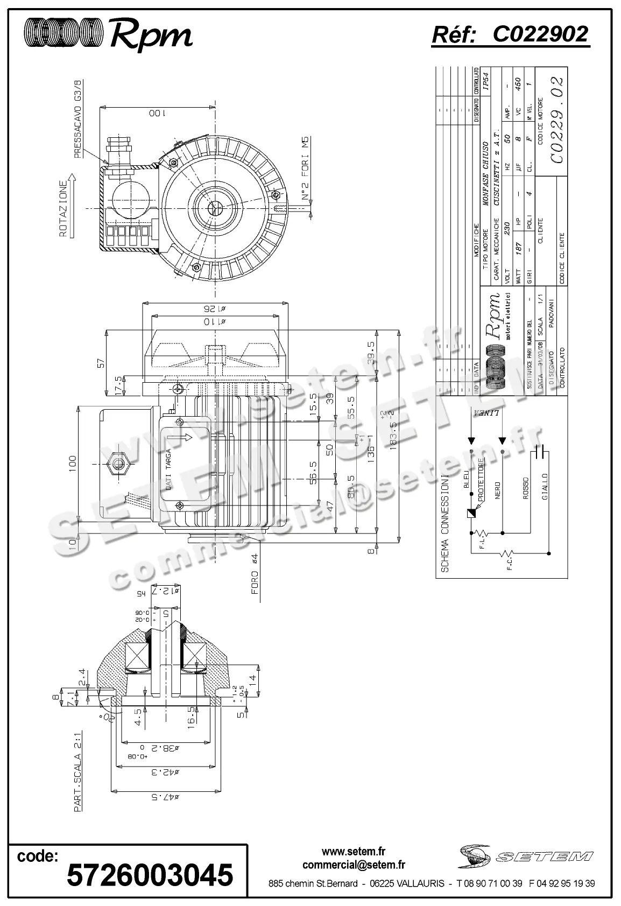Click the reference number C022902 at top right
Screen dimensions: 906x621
coord(540,35)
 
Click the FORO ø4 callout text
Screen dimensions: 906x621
coord(256,574)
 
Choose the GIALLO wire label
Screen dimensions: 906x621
coord(545,487)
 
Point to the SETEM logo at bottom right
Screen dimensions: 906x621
coord(526,855)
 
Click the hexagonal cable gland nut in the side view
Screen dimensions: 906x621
coord(118,464)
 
